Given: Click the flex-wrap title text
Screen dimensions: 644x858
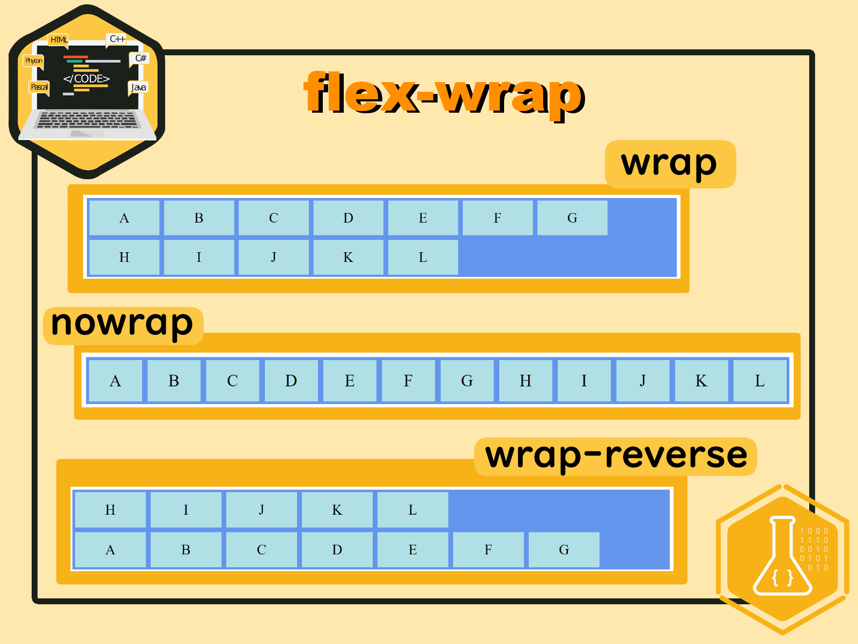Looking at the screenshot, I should pos(444,94).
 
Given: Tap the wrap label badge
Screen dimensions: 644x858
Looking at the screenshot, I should pos(670,164).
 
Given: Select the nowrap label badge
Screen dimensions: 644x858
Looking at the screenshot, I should pos(123,325).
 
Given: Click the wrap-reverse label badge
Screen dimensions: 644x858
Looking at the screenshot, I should pos(615,456).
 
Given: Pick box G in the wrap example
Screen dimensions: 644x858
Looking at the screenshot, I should pos(572,218).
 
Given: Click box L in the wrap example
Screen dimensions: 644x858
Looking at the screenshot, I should pos(423,258).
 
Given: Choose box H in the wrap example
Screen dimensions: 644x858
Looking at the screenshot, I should pos(124,258).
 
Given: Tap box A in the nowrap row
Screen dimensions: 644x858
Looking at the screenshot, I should pos(115,381).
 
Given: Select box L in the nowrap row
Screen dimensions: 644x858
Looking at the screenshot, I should pos(759,381).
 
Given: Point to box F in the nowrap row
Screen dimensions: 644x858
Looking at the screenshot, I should pos(408,381).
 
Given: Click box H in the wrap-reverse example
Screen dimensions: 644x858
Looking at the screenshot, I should pos(110,510).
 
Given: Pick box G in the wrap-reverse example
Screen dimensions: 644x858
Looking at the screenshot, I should pos(564,550).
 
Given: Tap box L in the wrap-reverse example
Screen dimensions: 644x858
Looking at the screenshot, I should pos(412,510).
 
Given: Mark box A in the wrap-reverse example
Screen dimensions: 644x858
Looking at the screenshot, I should pos(110,550).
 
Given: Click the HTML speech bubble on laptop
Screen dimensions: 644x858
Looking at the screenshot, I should pos(58,40).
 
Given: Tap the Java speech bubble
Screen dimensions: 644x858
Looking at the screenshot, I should pos(138,87).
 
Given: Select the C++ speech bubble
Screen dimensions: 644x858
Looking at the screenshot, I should pos(116,39).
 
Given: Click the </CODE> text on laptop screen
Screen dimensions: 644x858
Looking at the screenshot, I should pos(86,79).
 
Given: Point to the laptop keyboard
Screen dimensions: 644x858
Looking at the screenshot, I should pos(87,120).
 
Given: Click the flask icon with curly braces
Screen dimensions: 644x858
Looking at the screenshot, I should pos(782,558).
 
